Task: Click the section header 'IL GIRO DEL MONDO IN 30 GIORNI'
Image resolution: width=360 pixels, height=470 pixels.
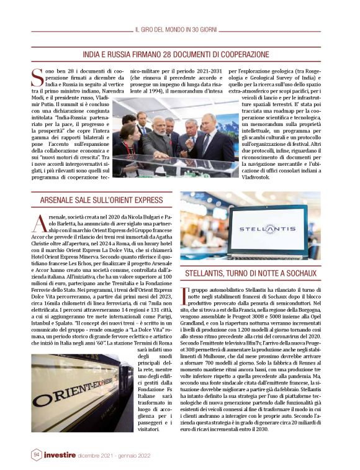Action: [x=180, y=29]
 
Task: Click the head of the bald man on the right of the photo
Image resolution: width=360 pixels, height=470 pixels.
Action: [x=209, y=119]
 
